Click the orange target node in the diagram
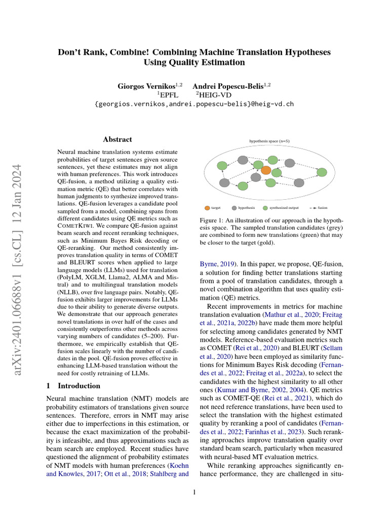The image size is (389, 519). tap(265, 170)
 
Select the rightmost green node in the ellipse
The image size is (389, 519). tap(322, 172)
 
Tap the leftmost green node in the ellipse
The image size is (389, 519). tap(221, 166)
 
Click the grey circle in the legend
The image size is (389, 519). tap(234, 208)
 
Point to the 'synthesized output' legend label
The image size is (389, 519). tap(284, 208)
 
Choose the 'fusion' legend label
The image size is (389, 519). tap(323, 208)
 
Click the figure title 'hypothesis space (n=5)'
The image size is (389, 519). tap(269, 141)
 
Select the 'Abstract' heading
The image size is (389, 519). tap(118, 139)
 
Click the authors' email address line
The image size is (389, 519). tap(194, 104)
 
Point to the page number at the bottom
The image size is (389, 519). tap(194, 492)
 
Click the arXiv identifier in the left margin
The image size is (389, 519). tap(19, 264)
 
